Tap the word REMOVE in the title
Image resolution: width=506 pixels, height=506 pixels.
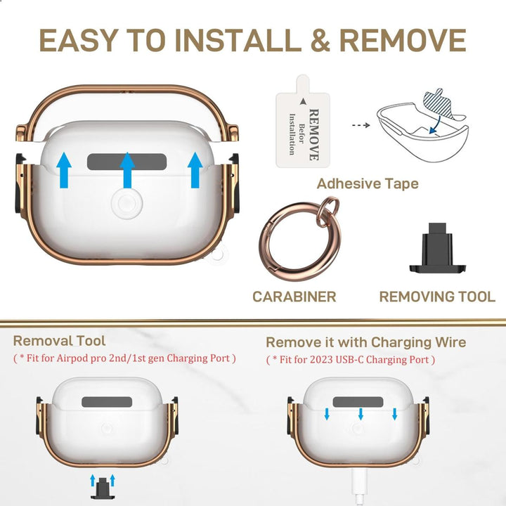(400, 41)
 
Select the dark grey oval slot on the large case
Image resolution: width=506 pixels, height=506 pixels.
(126, 162)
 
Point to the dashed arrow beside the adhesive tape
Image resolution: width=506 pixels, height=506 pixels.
(360, 126)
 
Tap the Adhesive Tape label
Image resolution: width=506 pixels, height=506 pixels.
(368, 184)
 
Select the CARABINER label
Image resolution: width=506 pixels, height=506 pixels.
(294, 297)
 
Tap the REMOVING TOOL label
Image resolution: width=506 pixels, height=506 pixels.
(437, 297)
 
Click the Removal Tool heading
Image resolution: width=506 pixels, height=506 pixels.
(59, 341)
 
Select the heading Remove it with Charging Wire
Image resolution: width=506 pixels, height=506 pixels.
(365, 342)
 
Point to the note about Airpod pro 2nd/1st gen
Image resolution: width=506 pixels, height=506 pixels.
(124, 358)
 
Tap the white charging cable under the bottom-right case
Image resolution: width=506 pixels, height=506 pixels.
(360, 488)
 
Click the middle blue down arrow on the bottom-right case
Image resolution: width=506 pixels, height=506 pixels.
(361, 414)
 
